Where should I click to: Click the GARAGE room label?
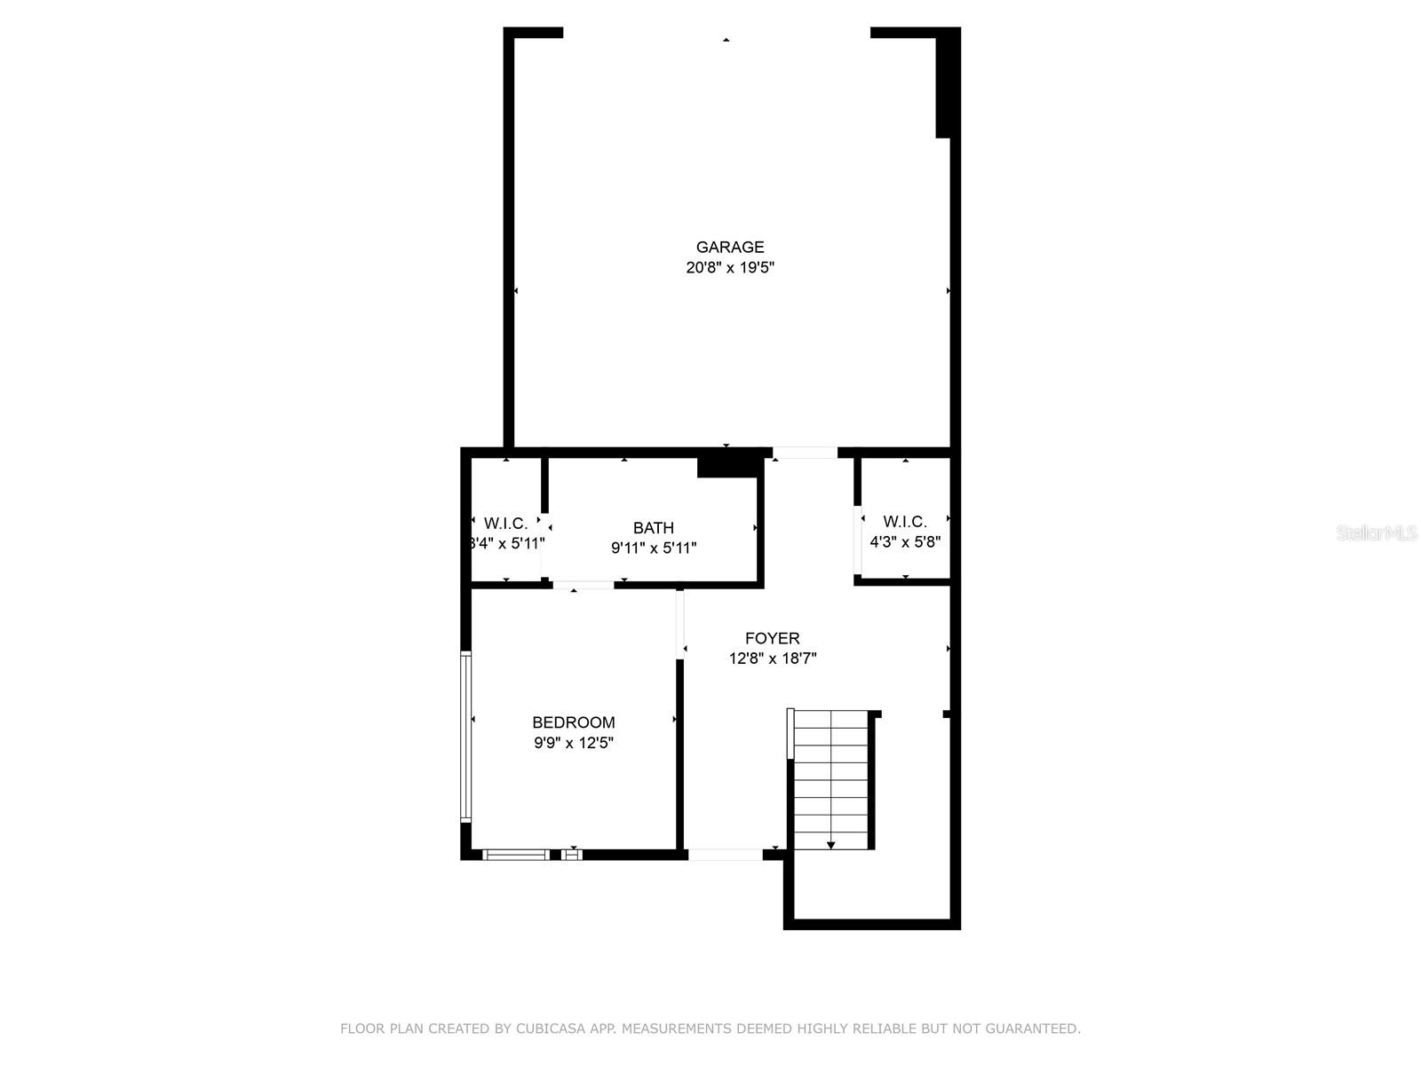click(x=730, y=248)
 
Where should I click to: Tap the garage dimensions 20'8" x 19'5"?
click(x=730, y=268)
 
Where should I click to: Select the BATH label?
click(x=653, y=528)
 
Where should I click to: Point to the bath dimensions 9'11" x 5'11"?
click(x=653, y=548)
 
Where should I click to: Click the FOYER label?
click(x=772, y=638)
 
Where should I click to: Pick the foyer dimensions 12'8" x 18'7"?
click(x=772, y=659)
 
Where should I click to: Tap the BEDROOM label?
click(x=573, y=722)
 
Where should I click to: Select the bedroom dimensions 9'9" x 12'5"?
click(x=573, y=743)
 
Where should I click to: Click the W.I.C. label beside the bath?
click(x=505, y=524)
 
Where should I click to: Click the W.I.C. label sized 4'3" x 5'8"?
click(x=905, y=522)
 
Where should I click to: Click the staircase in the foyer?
click(x=830, y=779)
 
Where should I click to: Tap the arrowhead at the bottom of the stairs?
click(x=830, y=846)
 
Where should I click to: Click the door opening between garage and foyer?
click(x=805, y=453)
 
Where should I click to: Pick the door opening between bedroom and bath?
click(x=583, y=585)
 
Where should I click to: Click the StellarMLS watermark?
click(x=1377, y=532)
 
